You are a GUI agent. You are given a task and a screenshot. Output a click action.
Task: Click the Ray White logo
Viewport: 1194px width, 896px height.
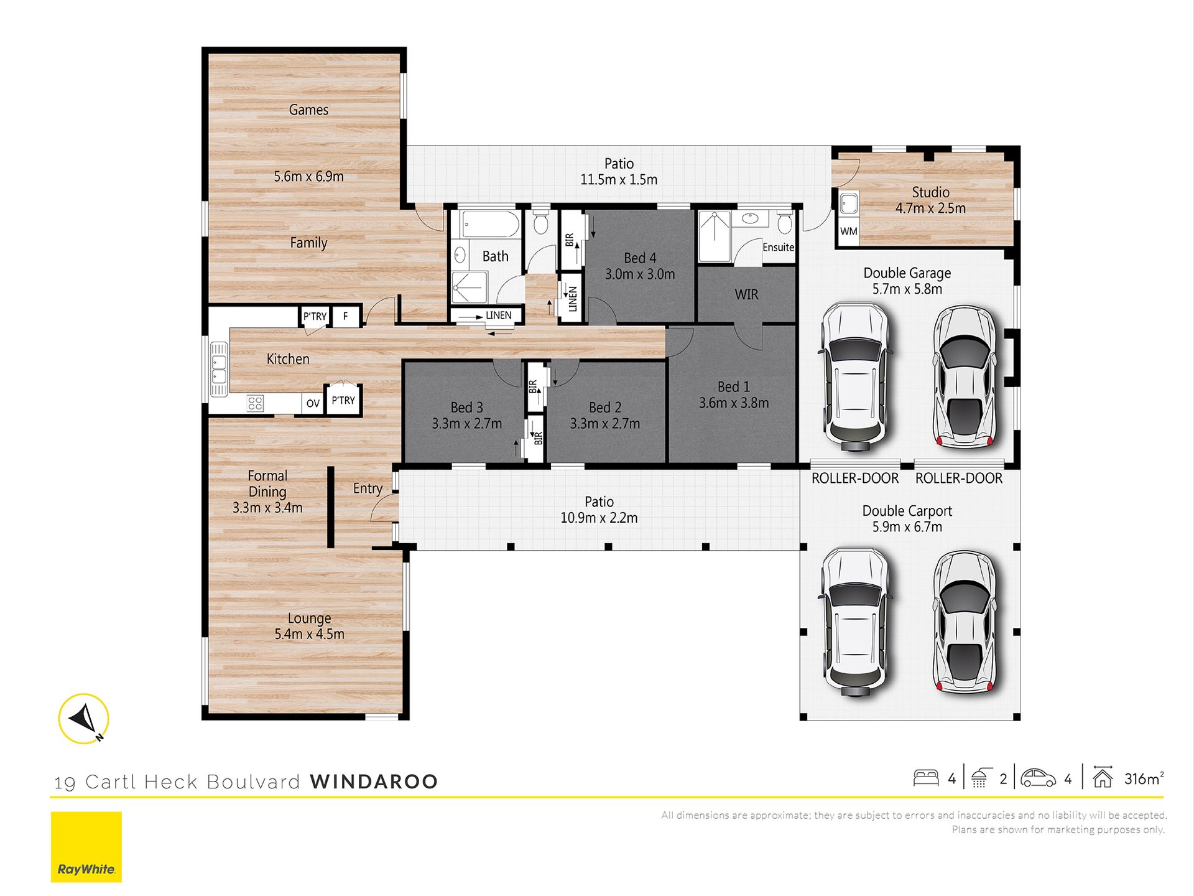tap(86, 846)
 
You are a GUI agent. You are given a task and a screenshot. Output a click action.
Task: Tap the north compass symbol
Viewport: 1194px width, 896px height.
tap(84, 719)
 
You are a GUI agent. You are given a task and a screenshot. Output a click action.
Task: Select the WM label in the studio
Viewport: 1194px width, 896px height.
tap(849, 231)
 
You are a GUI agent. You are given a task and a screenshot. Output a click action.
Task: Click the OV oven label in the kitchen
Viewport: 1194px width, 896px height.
tap(313, 403)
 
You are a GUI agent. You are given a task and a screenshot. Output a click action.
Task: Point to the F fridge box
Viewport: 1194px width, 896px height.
tap(346, 316)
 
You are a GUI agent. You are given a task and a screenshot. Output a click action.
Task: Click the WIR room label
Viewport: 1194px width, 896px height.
tap(746, 294)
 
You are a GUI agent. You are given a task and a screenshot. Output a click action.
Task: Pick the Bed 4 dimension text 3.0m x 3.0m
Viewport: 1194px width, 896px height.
tap(640, 274)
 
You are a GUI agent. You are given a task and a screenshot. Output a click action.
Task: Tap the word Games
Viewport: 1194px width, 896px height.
tap(308, 110)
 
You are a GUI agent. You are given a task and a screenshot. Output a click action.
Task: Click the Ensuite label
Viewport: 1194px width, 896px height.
tap(779, 247)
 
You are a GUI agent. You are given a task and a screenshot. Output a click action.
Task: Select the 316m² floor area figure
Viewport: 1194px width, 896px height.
tap(1144, 778)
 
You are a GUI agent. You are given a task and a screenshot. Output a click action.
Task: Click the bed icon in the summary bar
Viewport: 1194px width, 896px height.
tap(926, 778)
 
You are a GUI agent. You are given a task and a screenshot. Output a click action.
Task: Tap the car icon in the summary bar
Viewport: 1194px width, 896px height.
tap(1038, 778)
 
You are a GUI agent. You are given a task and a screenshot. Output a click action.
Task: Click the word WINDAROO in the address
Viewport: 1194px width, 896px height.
tap(374, 782)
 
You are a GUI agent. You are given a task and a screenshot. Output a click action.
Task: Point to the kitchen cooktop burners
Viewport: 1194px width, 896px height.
tap(256, 403)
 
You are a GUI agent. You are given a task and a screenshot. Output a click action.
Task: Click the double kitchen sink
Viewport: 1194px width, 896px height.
tap(219, 369)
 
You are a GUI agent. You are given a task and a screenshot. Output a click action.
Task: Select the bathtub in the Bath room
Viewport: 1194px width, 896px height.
tap(491, 225)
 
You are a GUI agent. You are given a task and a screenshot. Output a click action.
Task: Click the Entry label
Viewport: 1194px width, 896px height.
tap(368, 489)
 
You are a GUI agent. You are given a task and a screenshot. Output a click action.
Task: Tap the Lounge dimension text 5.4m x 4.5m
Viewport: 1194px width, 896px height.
tap(309, 634)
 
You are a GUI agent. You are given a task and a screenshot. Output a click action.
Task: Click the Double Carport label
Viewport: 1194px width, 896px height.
tap(907, 511)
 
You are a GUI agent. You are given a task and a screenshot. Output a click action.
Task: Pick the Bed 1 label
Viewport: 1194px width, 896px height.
tap(734, 387)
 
